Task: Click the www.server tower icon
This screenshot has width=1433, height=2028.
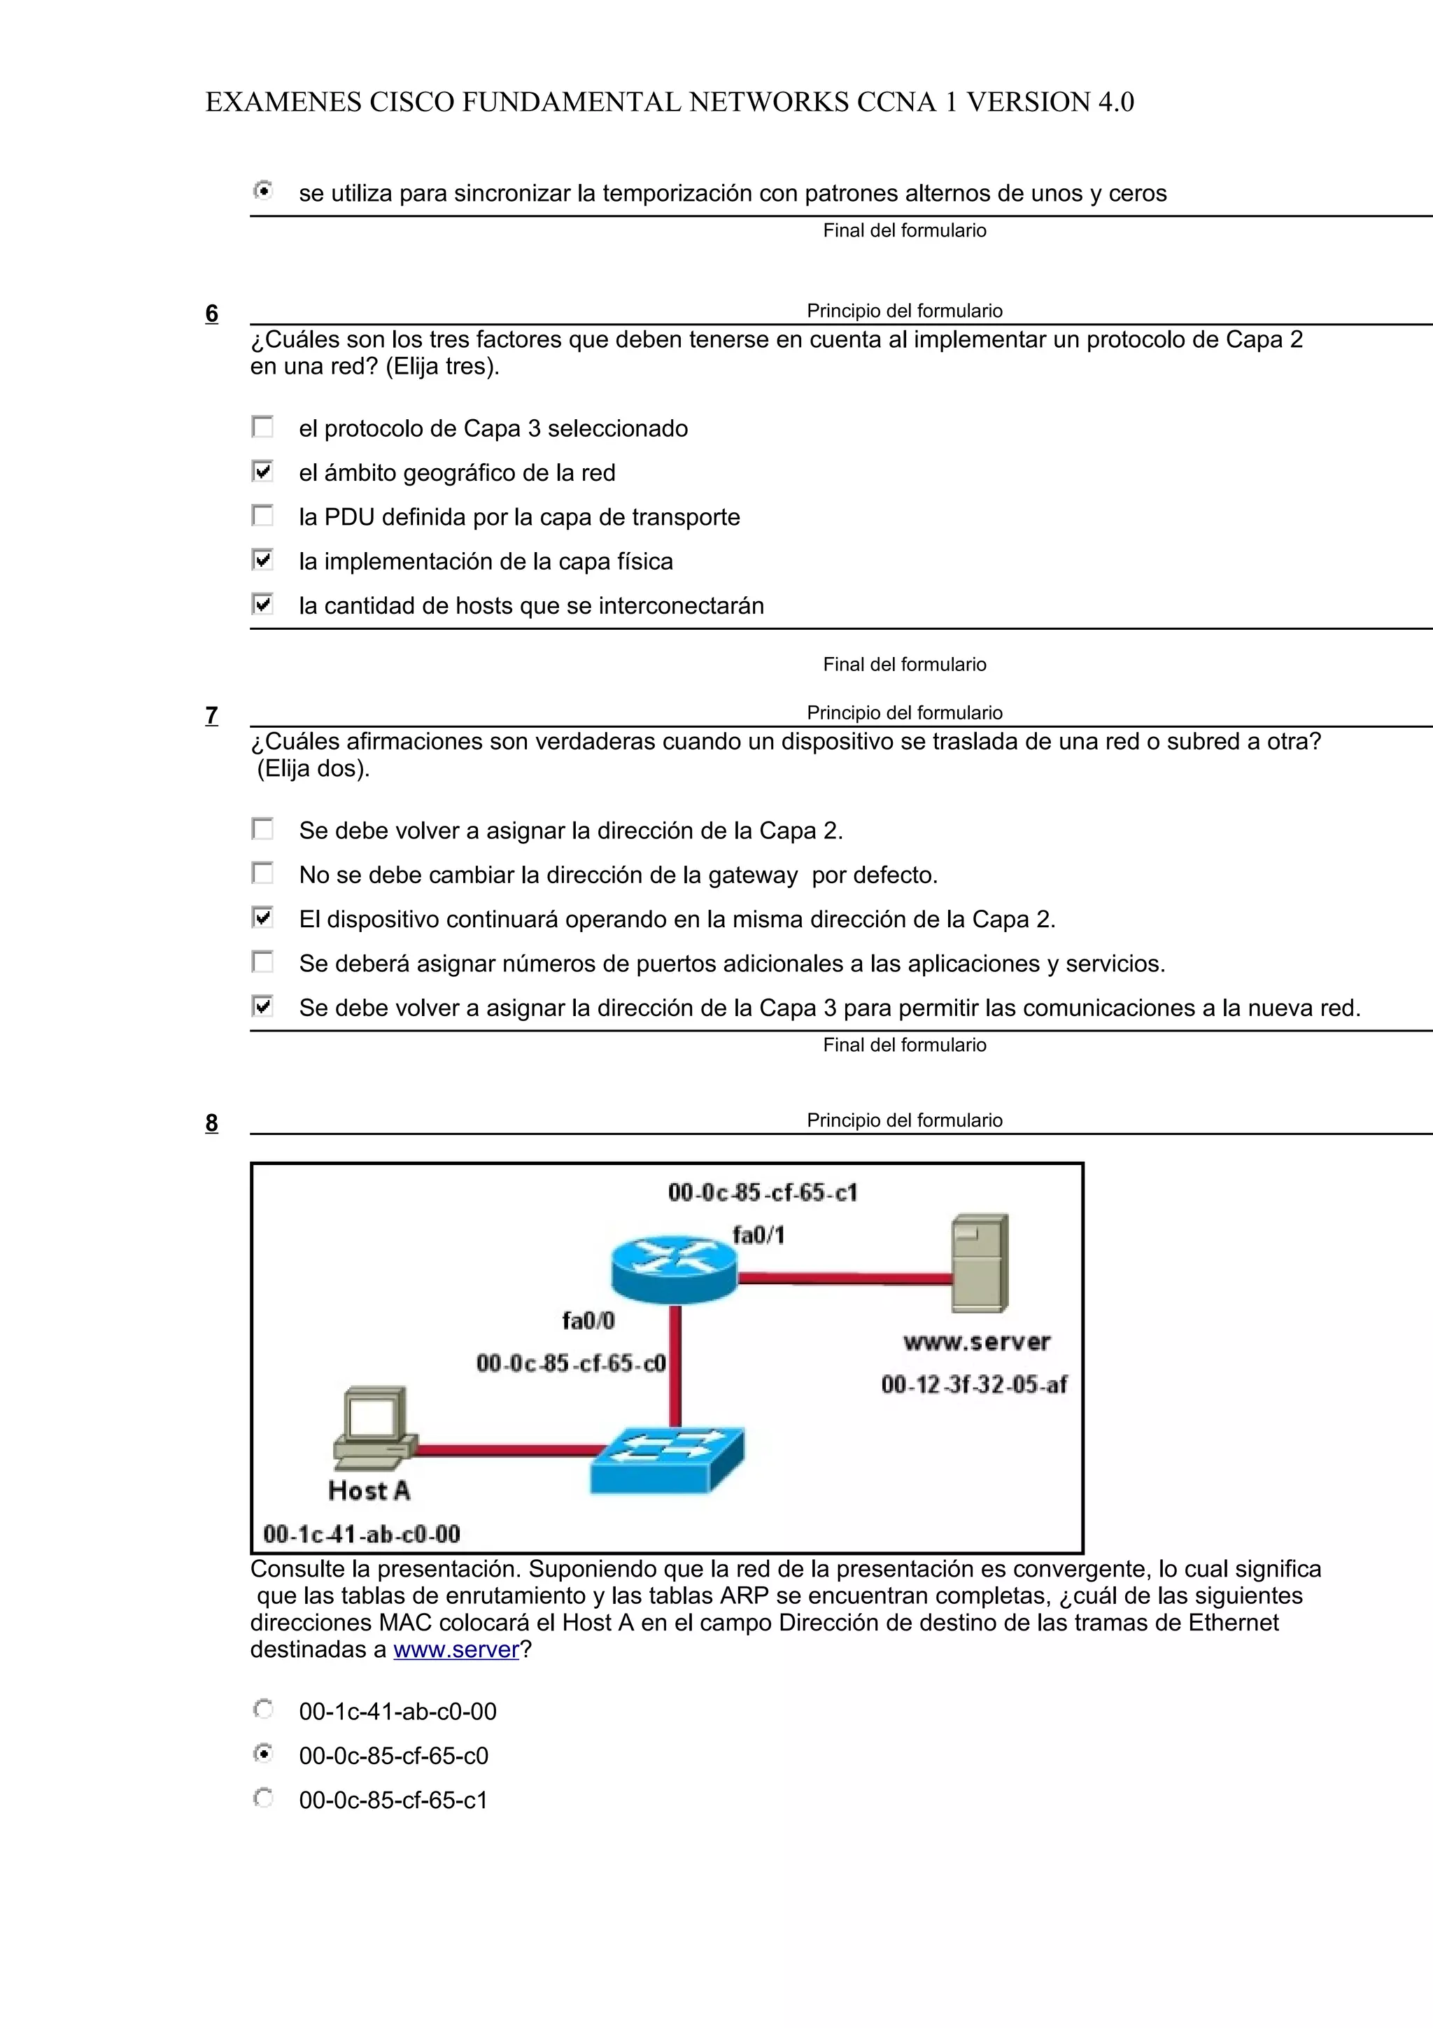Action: coord(979,1264)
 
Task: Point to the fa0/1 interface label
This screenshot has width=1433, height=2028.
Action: coord(758,1235)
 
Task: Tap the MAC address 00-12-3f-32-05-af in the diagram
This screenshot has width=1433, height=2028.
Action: coord(973,1384)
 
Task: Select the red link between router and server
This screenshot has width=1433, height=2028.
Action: coord(843,1277)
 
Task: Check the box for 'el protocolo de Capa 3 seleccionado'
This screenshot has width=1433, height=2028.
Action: coord(262,428)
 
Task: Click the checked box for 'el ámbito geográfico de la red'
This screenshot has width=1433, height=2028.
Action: coord(262,472)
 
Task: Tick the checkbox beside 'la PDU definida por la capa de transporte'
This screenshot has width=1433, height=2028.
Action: coord(262,516)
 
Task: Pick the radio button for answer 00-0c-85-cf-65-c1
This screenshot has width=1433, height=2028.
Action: coord(262,1798)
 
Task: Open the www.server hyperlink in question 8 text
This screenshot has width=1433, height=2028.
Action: coord(456,1650)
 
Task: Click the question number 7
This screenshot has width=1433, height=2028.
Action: coord(211,715)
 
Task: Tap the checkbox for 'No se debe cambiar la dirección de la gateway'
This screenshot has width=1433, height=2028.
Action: coord(262,873)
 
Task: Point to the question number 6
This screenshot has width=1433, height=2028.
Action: coord(211,314)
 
